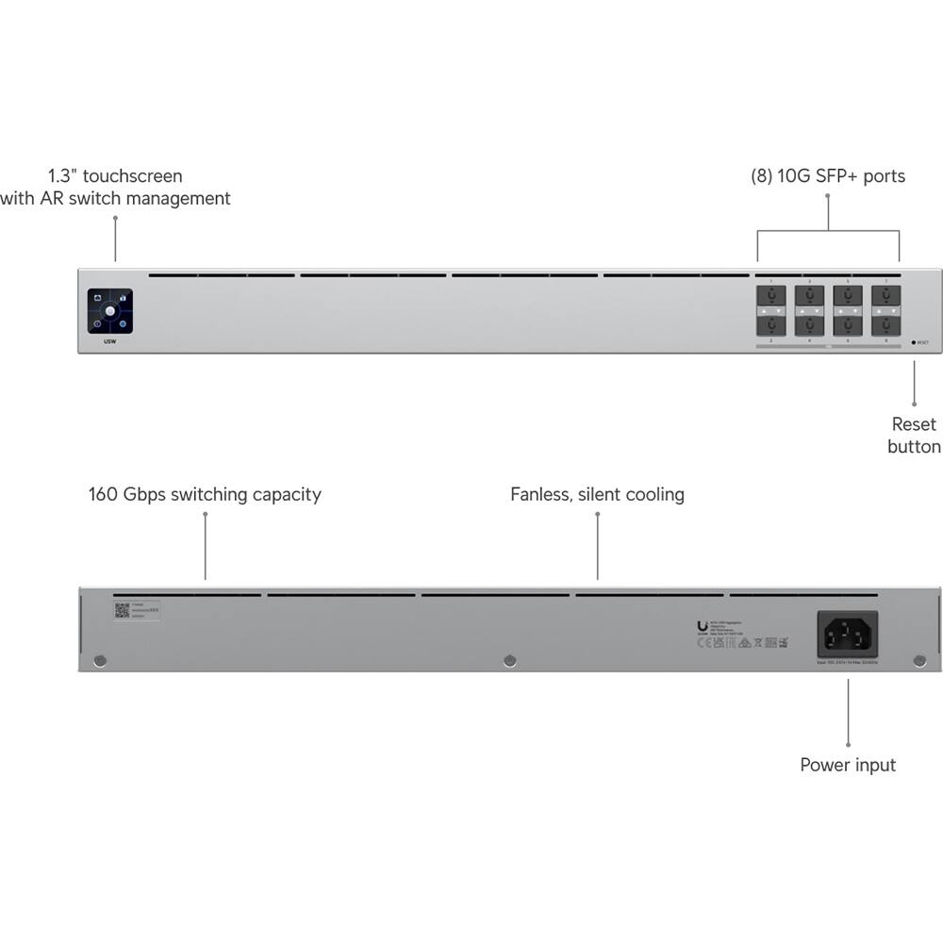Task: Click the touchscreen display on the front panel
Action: tap(110, 310)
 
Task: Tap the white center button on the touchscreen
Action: tap(110, 310)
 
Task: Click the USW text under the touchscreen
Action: tap(109, 341)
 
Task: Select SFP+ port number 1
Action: tap(771, 296)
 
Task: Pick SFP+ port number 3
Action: tap(809, 296)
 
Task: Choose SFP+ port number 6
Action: tap(848, 325)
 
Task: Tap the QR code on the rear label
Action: tap(122, 610)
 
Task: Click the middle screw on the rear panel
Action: tap(510, 660)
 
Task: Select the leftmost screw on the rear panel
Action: tap(101, 660)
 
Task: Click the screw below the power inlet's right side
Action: tap(919, 660)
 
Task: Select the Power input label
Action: tap(848, 765)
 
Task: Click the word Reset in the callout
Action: tap(914, 424)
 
